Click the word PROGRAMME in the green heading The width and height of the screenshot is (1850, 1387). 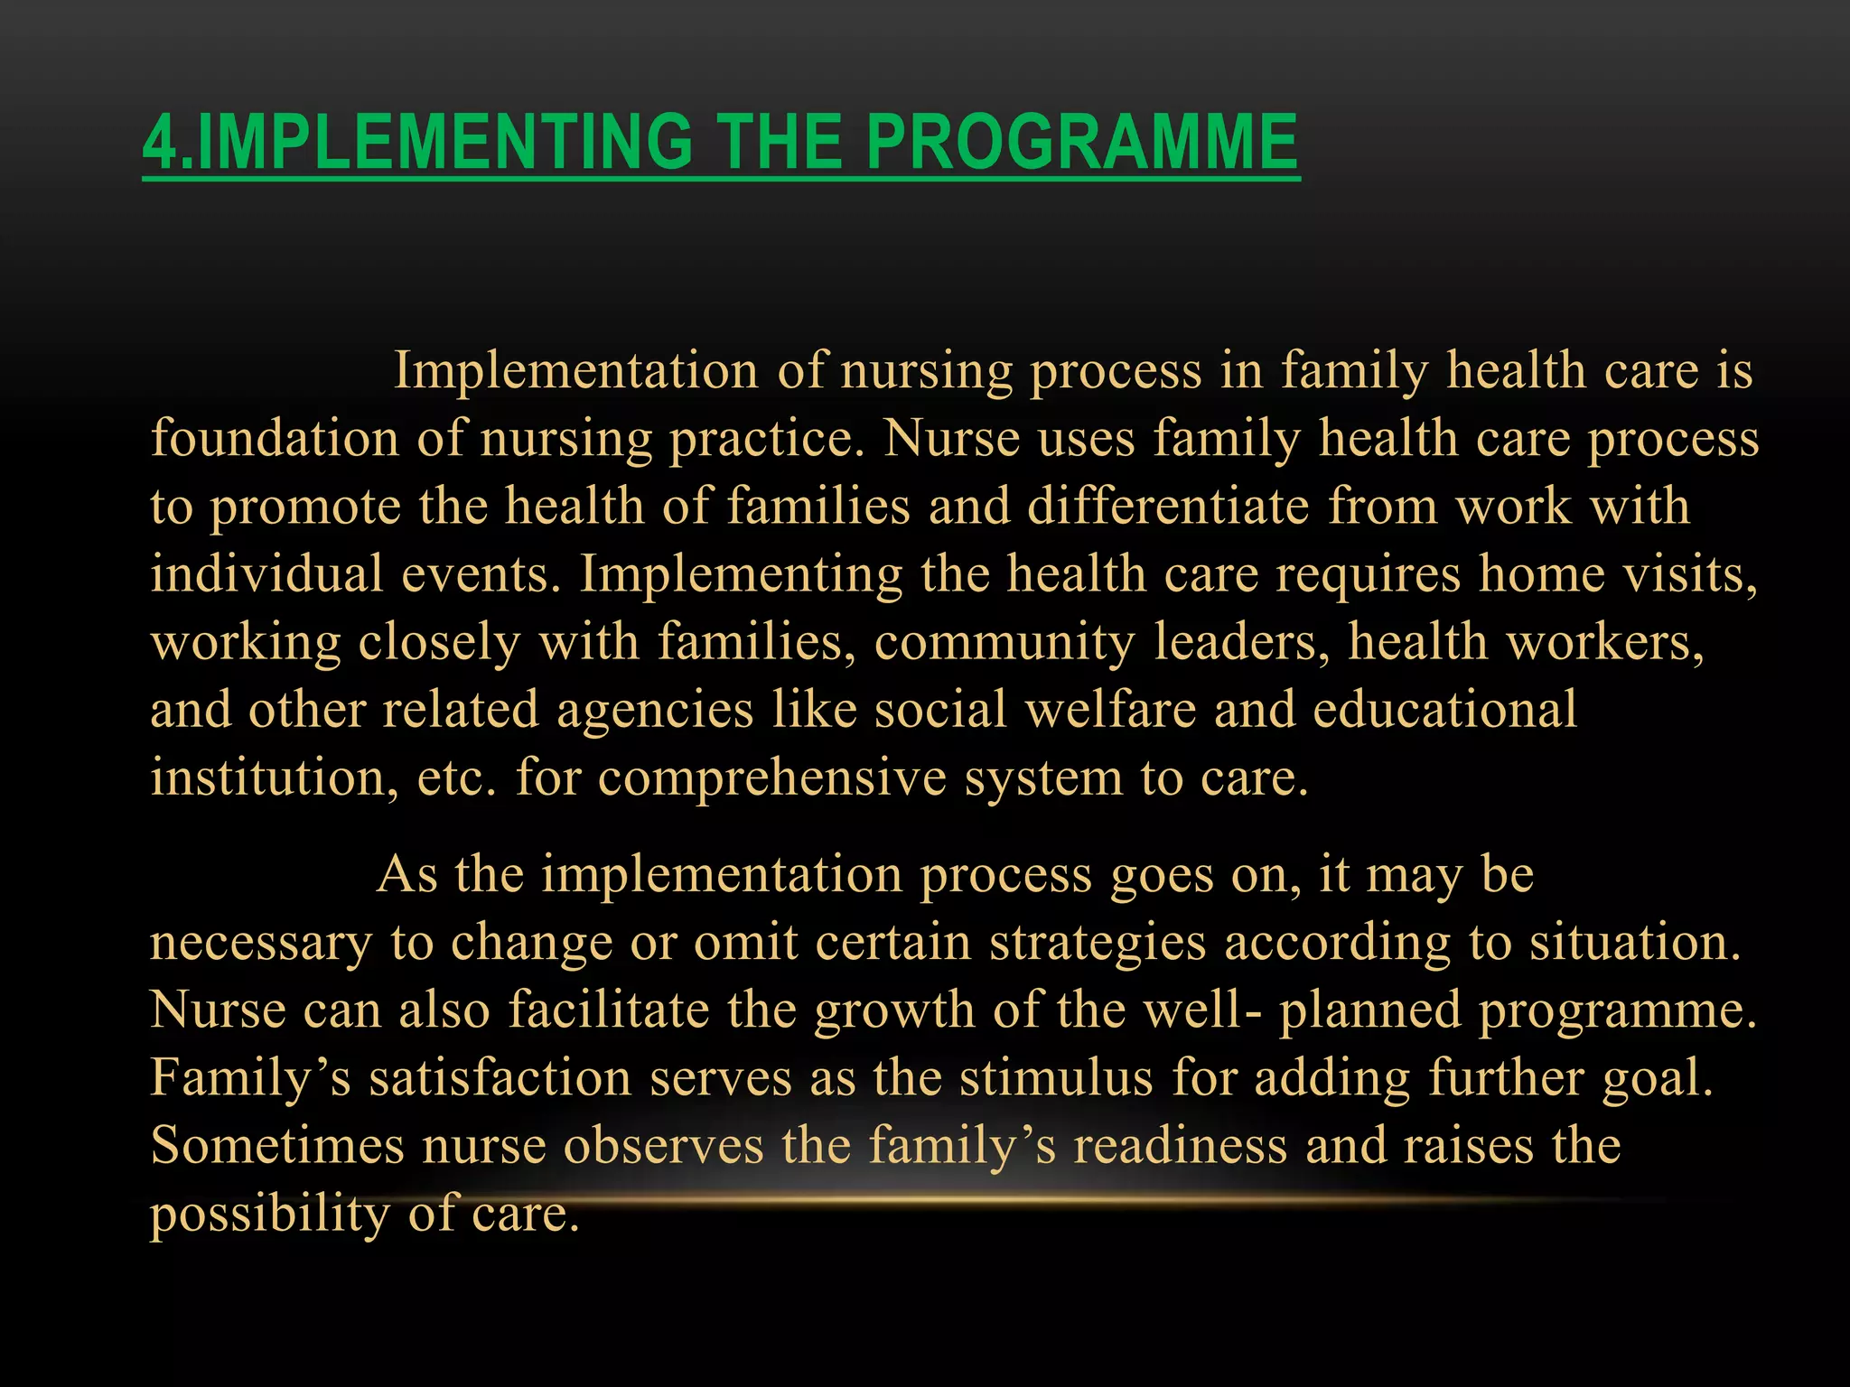point(1081,142)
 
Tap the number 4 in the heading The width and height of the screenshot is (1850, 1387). point(160,142)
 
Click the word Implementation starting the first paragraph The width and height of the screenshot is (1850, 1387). point(575,370)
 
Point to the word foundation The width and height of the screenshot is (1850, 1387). point(275,439)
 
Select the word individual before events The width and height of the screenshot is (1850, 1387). point(266,574)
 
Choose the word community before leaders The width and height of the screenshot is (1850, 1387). point(1004,643)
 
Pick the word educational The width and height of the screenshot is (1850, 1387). point(1444,710)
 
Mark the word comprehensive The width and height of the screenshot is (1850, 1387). point(771,778)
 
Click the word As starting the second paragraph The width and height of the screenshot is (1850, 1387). point(406,875)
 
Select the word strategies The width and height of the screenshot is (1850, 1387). point(1098,943)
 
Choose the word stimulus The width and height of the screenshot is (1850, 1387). point(1056,1078)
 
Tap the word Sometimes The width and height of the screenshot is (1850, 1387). point(277,1146)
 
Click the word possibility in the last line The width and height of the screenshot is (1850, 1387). point(270,1215)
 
